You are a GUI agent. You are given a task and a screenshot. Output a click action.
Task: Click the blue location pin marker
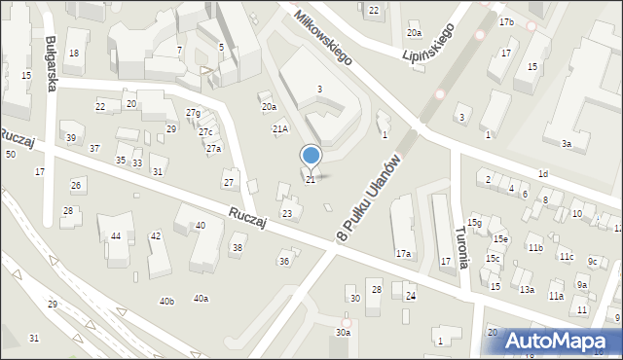pyautogui.click(x=311, y=156)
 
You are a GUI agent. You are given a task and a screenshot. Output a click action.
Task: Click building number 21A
pyautogui.click(x=280, y=128)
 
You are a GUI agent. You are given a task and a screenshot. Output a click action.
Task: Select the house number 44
pyautogui.click(x=116, y=236)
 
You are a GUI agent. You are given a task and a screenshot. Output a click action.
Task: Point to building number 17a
pyautogui.click(x=402, y=254)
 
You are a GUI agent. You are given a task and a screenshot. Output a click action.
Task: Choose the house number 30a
pyautogui.click(x=343, y=333)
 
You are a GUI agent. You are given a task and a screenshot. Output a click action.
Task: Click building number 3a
pyautogui.click(x=566, y=144)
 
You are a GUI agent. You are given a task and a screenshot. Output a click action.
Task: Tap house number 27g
pyautogui.click(x=194, y=113)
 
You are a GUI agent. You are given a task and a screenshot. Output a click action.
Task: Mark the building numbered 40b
pyautogui.click(x=166, y=302)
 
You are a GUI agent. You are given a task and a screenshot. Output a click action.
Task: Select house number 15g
pyautogui.click(x=474, y=223)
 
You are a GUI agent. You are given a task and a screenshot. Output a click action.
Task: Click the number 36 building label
pyautogui.click(x=284, y=261)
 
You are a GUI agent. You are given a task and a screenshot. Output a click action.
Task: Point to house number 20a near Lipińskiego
pyautogui.click(x=415, y=32)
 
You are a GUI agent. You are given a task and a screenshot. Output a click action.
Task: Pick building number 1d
pyautogui.click(x=543, y=174)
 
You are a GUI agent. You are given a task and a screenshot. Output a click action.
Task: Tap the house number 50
pyautogui.click(x=11, y=155)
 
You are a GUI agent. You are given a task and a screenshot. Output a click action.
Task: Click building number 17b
pyautogui.click(x=506, y=21)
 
